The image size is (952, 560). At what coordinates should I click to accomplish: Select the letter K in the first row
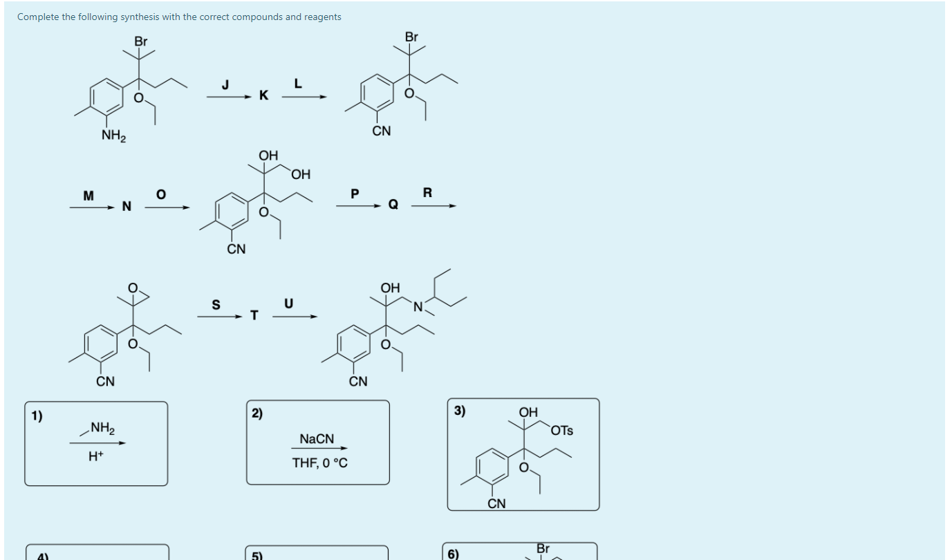263,96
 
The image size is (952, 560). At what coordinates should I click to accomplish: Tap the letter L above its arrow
298,84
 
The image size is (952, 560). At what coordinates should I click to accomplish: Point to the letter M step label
88,196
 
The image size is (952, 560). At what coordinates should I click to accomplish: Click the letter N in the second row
126,206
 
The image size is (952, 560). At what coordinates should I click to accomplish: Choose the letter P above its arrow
355,194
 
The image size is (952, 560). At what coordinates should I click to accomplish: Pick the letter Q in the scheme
393,205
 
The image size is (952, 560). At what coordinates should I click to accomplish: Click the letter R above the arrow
427,193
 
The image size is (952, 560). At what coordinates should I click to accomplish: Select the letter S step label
216,305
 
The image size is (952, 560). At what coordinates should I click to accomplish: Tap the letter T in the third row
254,316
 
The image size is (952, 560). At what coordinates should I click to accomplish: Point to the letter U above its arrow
288,304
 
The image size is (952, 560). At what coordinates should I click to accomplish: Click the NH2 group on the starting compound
113,136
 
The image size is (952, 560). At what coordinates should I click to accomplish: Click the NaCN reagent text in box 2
317,439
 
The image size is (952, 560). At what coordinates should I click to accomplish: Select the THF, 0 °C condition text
320,463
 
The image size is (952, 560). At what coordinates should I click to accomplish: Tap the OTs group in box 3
563,431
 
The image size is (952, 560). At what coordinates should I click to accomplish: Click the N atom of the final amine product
418,306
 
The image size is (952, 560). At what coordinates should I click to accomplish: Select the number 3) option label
460,411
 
